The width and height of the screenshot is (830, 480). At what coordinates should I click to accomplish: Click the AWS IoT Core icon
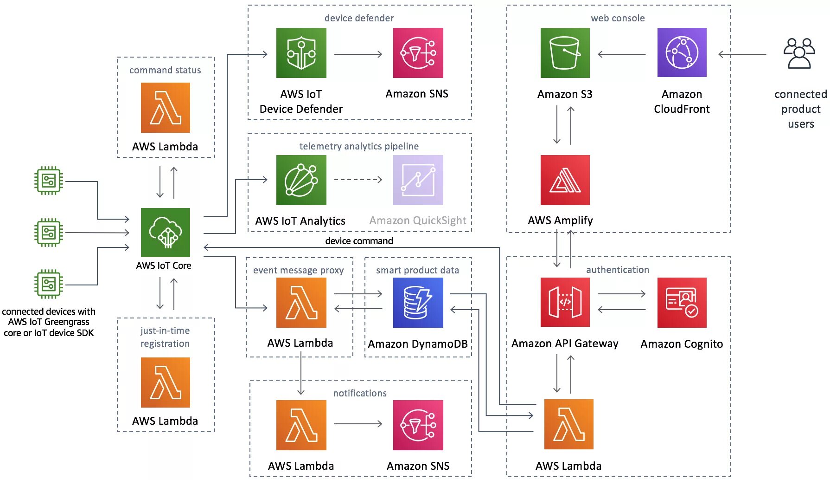pos(166,232)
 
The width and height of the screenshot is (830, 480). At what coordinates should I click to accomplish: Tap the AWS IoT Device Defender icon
pos(301,53)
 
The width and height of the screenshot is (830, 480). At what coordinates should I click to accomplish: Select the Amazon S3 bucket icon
pos(565,53)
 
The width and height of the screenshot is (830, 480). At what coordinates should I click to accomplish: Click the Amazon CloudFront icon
pos(682,52)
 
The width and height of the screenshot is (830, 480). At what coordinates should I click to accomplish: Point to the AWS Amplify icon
pos(565,180)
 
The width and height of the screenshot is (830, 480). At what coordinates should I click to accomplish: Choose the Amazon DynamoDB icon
pos(418,303)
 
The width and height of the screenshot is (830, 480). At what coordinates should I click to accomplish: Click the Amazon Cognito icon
pos(682,303)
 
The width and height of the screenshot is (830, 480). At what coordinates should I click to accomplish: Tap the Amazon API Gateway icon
pos(565,303)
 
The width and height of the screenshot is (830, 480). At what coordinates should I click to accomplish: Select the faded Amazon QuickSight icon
pos(418,180)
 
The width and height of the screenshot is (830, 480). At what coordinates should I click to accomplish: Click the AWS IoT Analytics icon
pos(301,180)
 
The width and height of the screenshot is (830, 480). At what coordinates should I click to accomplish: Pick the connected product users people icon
pos(799,53)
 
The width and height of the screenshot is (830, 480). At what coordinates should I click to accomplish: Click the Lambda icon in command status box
pos(166,108)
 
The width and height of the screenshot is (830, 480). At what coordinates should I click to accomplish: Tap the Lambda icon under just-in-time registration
pos(166,383)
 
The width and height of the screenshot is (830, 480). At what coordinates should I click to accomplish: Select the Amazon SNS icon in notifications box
pos(418,425)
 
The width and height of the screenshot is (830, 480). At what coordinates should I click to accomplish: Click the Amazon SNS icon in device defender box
pos(418,53)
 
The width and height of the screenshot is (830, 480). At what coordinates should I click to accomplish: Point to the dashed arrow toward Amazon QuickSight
pos(358,180)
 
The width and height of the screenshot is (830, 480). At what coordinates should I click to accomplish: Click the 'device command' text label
pos(359,241)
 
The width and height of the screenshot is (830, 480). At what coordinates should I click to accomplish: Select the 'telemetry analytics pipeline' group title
pos(359,146)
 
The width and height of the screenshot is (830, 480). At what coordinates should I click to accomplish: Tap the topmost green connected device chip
pos(49,181)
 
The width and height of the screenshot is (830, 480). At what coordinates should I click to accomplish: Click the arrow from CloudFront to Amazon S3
pos(621,54)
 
